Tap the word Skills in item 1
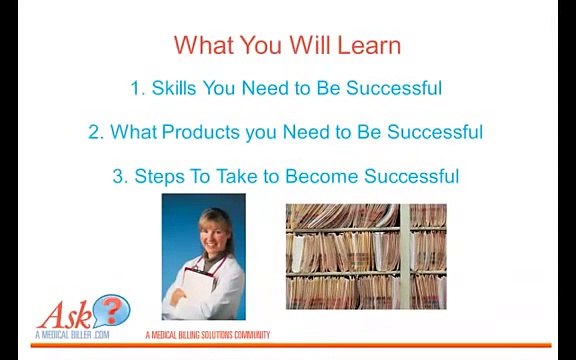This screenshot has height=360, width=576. coord(174,88)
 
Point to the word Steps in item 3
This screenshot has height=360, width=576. coord(159,176)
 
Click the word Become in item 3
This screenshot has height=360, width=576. coord(321,176)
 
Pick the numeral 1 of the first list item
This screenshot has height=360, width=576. coord(136,88)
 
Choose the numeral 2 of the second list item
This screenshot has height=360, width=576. coord(95,132)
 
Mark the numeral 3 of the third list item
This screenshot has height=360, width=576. coord(118,176)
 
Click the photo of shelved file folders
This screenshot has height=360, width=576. coord(366,256)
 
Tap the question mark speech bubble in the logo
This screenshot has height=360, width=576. coord(111,310)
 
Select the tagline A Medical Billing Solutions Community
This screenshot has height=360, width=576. coord(207,335)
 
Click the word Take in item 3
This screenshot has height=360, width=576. coord(233,176)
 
